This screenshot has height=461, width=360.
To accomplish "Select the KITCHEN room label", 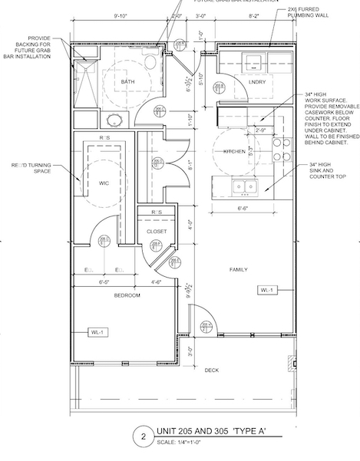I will point(233,152).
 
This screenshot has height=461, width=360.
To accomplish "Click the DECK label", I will point(211,370).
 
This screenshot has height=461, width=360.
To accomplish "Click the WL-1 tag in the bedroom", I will point(96,332).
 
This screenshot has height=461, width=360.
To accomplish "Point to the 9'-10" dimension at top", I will point(121,15).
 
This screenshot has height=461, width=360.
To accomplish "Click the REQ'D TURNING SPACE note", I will point(39,169).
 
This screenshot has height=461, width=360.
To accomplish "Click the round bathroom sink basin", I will point(114,120).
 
